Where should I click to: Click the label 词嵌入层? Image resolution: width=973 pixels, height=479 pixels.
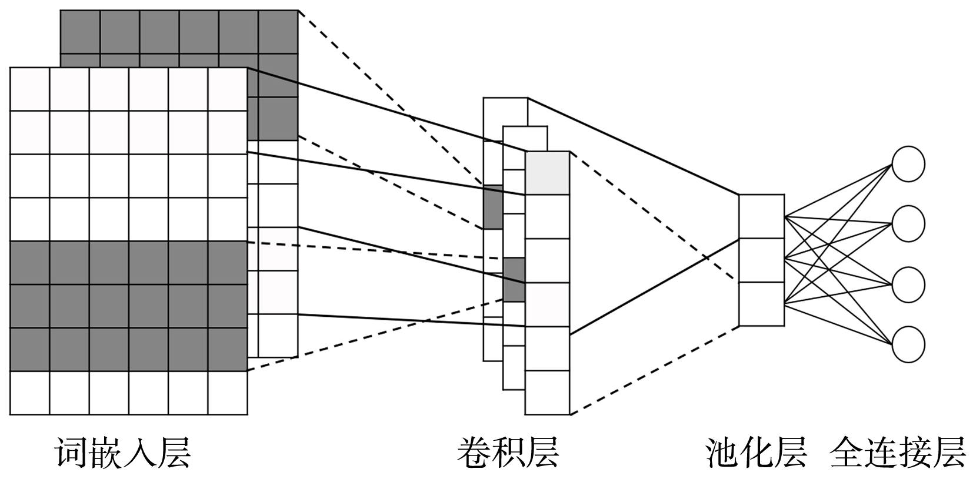[124, 452]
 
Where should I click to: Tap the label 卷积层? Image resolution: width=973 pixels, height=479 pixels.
[508, 452]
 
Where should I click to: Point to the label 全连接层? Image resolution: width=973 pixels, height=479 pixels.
[898, 452]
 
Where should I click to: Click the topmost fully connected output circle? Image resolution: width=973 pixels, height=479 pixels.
[908, 163]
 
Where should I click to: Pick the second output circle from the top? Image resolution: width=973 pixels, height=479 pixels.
[908, 223]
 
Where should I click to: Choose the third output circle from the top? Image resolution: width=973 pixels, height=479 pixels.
[908, 284]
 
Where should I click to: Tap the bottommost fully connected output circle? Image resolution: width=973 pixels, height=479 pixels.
[908, 344]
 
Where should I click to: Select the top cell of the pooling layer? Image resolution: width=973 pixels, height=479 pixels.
[761, 216]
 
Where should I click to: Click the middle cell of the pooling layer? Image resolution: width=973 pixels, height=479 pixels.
[761, 260]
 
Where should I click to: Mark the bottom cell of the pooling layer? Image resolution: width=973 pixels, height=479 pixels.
[761, 304]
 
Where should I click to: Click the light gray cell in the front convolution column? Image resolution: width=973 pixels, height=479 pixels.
[547, 173]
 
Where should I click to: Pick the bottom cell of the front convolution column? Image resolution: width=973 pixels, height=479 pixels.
[547, 393]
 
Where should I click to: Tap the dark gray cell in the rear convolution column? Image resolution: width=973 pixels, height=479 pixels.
[492, 207]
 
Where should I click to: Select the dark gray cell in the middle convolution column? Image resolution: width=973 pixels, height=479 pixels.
[514, 279]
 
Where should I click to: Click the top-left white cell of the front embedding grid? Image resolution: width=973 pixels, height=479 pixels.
[29, 89]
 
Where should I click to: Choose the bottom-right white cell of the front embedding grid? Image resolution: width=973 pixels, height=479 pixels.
[228, 393]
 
